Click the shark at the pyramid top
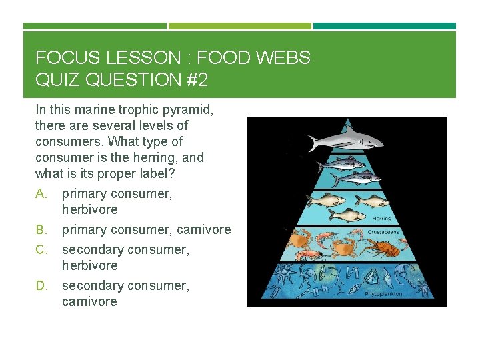pyautogui.click(x=345, y=141)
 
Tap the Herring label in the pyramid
pyautogui.click(x=381, y=218)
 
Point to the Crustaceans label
pyautogui.click(x=383, y=233)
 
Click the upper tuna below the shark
pyautogui.click(x=340, y=163)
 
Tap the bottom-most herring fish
pyautogui.click(x=347, y=214)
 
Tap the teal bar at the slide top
pyautogui.click(x=385, y=26)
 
